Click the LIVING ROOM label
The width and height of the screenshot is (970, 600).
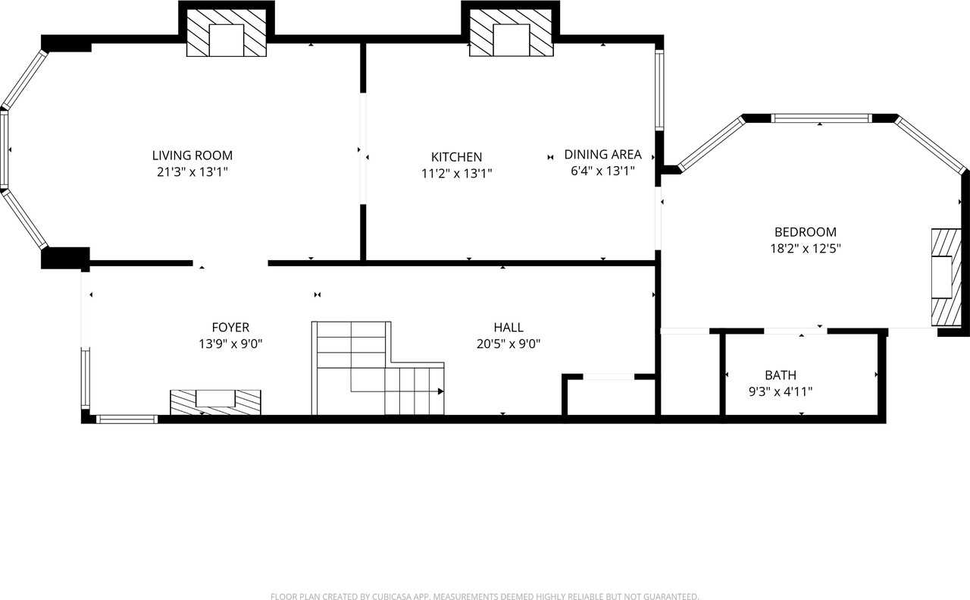[192, 155]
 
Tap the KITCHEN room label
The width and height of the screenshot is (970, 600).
[456, 157]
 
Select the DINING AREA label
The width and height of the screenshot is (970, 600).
[603, 154]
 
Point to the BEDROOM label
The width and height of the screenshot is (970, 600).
[805, 232]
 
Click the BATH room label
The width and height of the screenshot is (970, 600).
[781, 375]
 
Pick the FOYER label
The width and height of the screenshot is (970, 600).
[230, 328]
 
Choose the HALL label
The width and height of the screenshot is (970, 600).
[508, 328]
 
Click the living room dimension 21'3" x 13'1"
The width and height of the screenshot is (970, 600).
[192, 172]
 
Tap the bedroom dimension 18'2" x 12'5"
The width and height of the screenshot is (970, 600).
[805, 248]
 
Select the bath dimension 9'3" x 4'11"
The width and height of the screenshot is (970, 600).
[781, 391]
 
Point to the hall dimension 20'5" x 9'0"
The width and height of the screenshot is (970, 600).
[508, 344]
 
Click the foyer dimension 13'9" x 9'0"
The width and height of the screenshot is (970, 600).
[230, 344]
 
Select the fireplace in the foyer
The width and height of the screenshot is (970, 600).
[215, 402]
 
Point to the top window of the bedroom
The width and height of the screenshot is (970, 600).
[821, 118]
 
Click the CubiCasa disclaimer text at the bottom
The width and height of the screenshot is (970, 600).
[484, 596]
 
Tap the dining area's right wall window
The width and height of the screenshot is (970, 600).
[659, 90]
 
